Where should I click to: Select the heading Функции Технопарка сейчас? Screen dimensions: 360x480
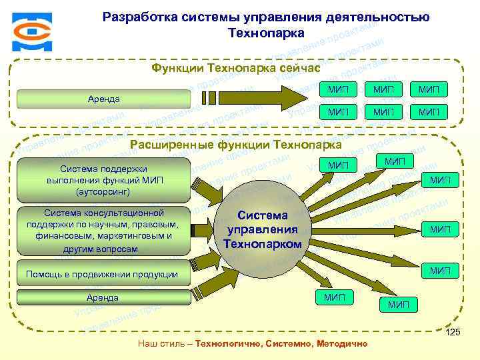(236, 68)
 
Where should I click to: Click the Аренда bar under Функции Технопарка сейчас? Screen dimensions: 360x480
(104, 99)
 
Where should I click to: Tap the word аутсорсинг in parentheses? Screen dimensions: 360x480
(105, 192)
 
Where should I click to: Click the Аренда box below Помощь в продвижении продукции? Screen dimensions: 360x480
(103, 297)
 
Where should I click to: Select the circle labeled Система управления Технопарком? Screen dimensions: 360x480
(263, 230)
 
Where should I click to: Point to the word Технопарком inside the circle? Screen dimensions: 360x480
(263, 245)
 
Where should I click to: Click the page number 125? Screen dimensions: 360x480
(453, 333)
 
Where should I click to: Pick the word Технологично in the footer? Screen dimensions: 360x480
(227, 343)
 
